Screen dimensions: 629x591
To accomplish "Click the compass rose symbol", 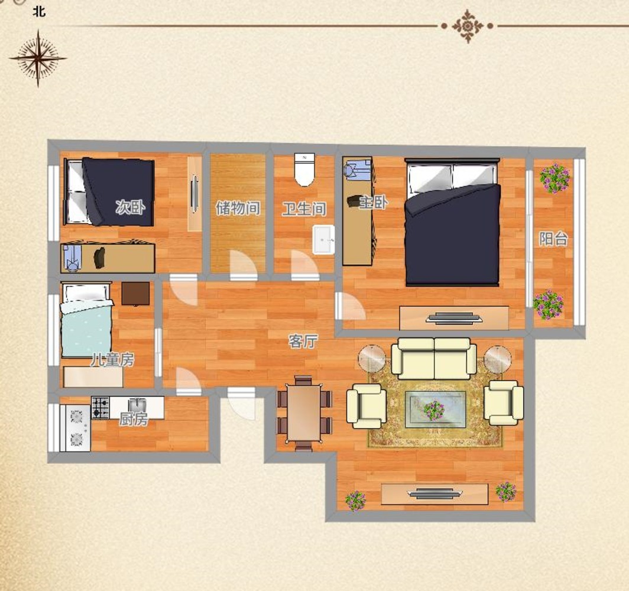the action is (38, 58).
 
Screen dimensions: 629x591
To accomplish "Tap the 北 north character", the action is (39, 12).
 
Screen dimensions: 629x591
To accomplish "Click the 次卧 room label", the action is (130, 207).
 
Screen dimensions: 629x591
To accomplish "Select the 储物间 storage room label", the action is (238, 208).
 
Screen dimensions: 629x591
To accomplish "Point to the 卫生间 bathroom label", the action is (304, 209).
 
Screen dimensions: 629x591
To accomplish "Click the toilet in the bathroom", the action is (304, 170).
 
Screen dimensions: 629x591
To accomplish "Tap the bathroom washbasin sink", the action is (323, 240).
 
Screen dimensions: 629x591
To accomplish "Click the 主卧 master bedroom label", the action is (373, 202).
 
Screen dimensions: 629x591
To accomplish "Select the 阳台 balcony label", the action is (553, 239).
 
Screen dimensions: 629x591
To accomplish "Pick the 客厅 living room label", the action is (303, 341).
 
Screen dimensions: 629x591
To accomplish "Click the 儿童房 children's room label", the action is (112, 360).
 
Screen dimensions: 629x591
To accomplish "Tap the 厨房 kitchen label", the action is (134, 419).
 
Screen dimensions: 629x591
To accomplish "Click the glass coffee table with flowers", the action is (435, 410).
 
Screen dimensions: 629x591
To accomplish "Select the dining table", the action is (304, 413).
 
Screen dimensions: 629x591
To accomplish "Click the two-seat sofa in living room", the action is (434, 358).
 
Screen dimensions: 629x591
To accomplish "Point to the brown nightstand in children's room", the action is (135, 294).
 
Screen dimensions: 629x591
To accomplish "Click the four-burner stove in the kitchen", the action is (100, 408).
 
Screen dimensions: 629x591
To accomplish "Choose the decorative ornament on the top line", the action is (468, 26).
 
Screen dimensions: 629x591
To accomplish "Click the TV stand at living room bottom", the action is (435, 494).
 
